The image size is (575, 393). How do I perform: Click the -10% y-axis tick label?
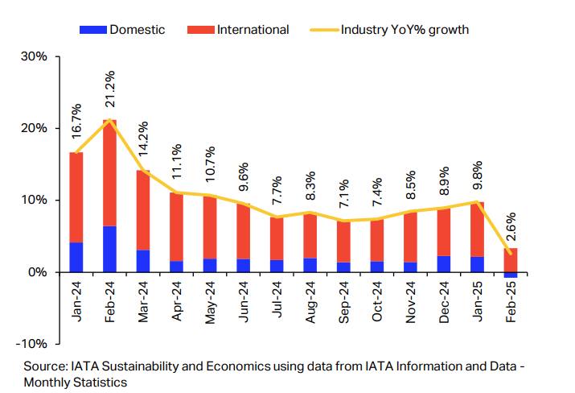tap(32, 344)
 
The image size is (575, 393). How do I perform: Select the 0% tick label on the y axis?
tap(39, 272)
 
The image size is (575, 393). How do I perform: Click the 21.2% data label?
tap(110, 89)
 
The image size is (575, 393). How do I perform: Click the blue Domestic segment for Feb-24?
tap(109, 249)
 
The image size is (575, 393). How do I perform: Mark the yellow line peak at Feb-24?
tap(109, 120)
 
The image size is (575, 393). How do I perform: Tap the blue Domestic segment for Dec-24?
tap(443, 264)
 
